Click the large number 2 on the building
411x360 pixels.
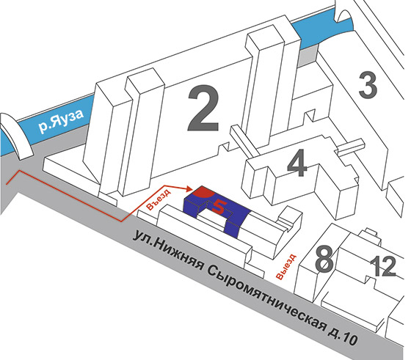click(x=203, y=109)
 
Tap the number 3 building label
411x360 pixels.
click(x=368, y=86)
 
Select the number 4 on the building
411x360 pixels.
click(x=297, y=163)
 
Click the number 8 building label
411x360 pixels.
click(x=324, y=260)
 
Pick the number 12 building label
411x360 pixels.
click(x=383, y=267)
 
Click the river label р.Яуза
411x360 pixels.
click(x=61, y=121)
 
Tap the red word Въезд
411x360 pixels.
click(x=159, y=198)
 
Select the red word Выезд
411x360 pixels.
click(x=286, y=267)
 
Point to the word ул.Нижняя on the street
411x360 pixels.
click(x=168, y=249)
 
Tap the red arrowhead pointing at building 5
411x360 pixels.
click(x=189, y=188)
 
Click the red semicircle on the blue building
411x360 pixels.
click(x=203, y=192)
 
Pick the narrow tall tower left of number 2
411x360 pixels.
click(x=139, y=133)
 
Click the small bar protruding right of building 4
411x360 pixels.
click(x=351, y=146)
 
